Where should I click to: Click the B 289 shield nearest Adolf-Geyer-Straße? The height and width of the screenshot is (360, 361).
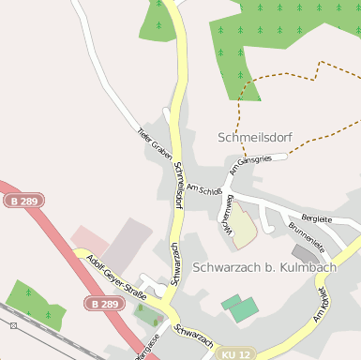[105, 304]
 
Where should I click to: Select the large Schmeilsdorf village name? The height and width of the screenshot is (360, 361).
[254, 138]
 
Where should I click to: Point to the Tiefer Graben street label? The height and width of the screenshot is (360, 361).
[155, 142]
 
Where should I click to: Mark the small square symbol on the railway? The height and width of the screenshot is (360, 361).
[14, 325]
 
